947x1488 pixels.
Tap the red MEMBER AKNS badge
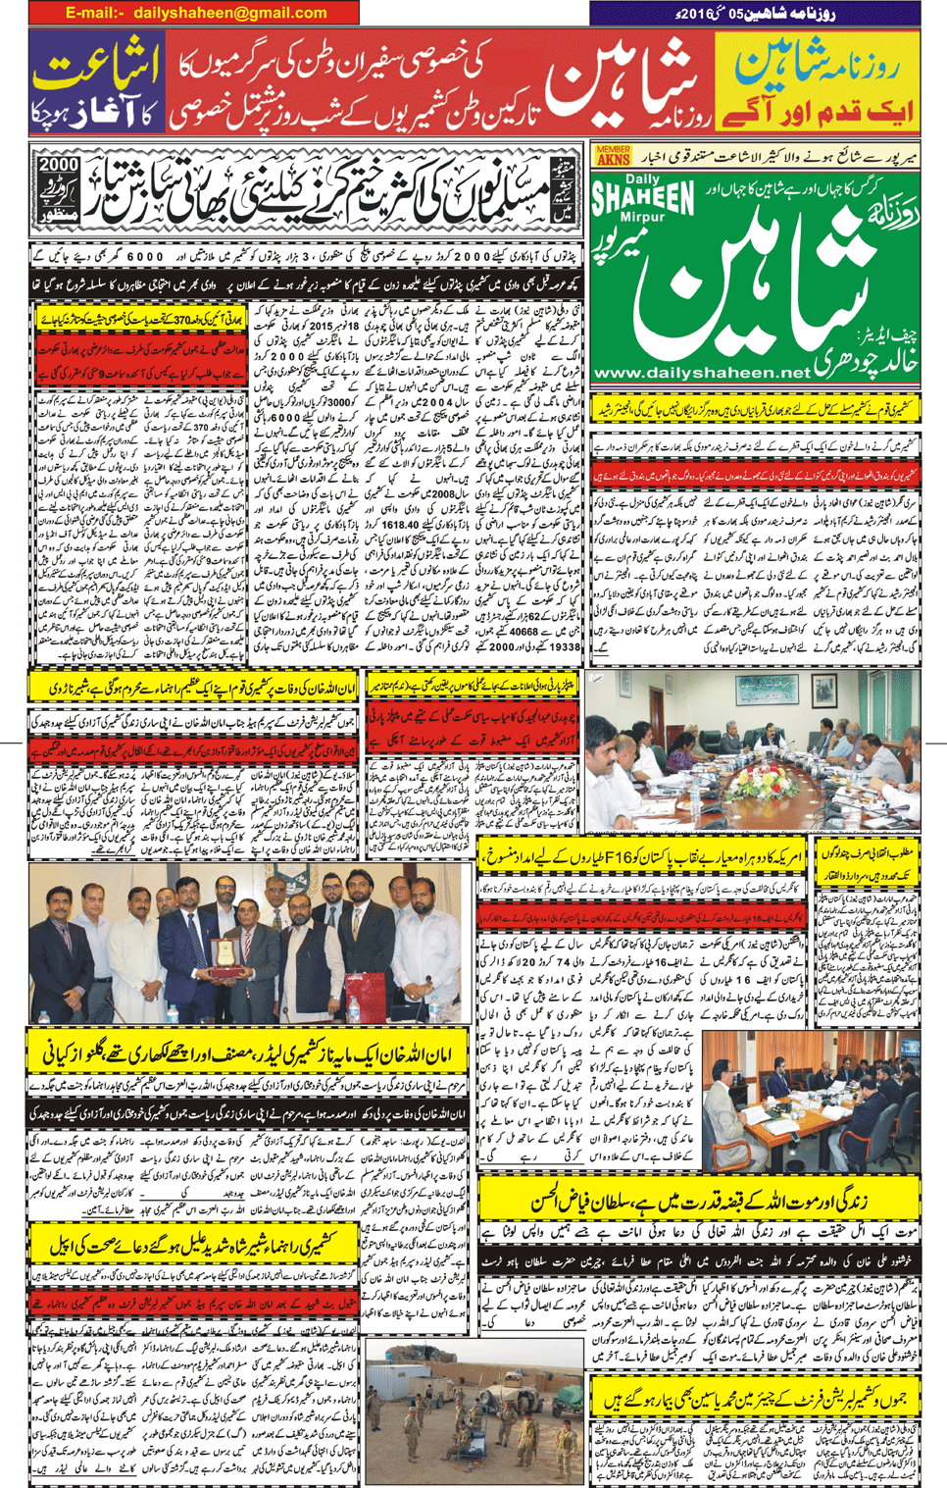pos(613,154)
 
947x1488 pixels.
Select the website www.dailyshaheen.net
pos(702,373)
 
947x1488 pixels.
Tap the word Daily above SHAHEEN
pos(643,180)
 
